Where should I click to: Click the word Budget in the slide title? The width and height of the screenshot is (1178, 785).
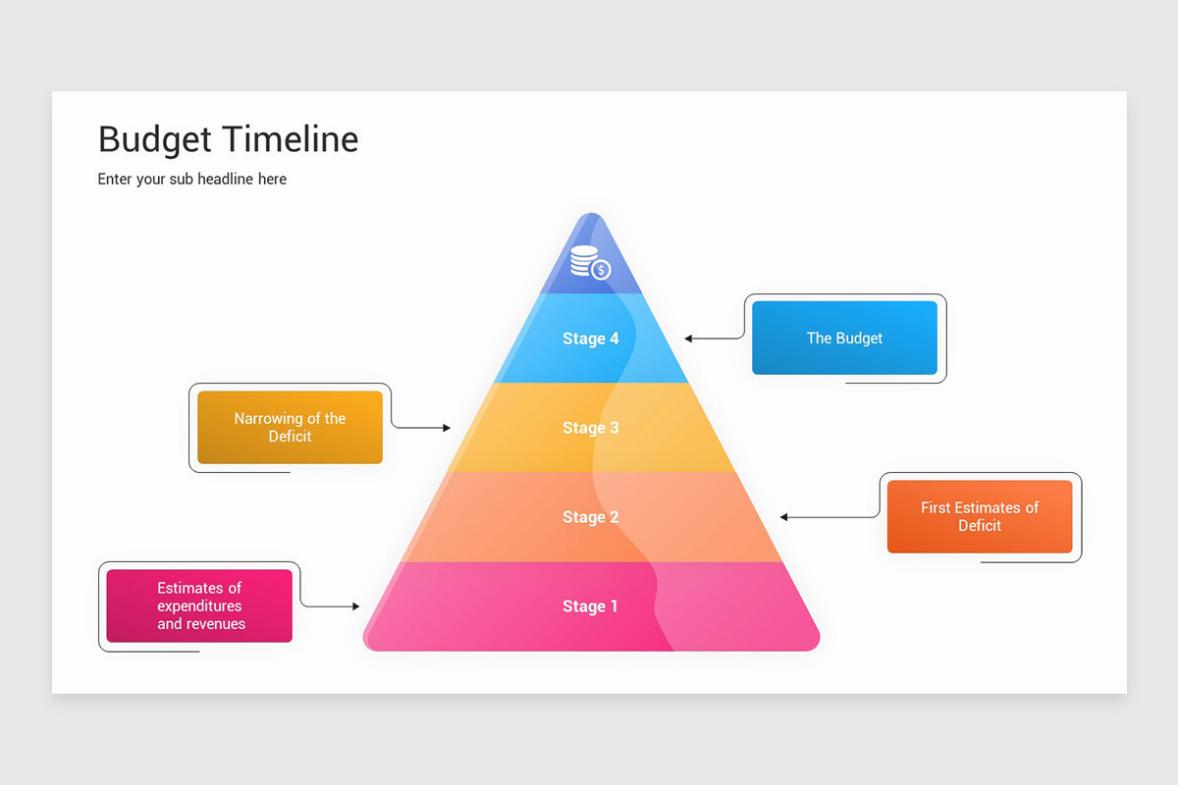154,139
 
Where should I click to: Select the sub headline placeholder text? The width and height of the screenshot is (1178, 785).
192,179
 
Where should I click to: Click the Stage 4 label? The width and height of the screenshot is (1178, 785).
590,339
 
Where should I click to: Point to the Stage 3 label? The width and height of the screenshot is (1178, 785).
590,428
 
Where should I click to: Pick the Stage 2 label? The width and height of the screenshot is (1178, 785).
590,517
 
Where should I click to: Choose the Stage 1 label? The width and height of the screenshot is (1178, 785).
590,606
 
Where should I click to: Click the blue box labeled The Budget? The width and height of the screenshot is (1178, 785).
844,338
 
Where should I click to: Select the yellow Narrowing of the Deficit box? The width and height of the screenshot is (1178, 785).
290,427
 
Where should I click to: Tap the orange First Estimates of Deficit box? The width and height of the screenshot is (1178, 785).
979,516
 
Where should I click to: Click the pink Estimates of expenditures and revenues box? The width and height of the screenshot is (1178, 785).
199,605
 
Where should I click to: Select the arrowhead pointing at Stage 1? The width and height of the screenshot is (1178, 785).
355,606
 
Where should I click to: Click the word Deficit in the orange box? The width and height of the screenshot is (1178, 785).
979,526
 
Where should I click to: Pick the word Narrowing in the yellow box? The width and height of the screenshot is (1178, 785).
267,418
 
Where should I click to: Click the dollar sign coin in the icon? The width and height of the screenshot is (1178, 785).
601,270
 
